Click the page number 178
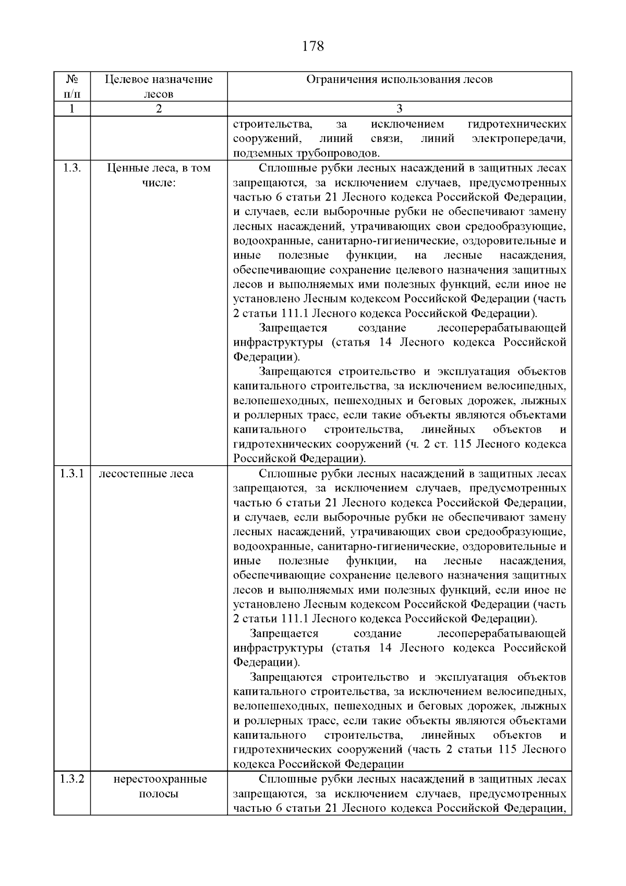coord(313,46)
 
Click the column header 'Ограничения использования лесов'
coord(399,79)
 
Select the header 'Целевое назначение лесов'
coord(159,87)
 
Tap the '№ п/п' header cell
coord(72,87)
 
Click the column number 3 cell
coord(399,109)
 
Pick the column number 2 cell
coord(159,109)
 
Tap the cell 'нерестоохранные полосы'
coord(160,786)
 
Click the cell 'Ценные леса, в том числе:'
coord(159,176)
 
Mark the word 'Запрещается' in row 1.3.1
coord(284,633)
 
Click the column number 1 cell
coord(72,109)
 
